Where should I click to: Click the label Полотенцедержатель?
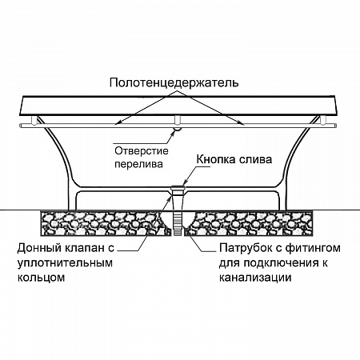(x=174, y=83)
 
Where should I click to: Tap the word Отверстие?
(x=142, y=151)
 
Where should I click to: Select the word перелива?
(x=138, y=164)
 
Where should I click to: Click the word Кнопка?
(x=216, y=159)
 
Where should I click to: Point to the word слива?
(x=255, y=160)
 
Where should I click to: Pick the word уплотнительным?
(x=65, y=263)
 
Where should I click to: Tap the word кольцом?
(x=41, y=278)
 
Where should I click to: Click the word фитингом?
(x=313, y=248)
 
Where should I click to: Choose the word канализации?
(x=255, y=278)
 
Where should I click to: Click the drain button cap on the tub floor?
(x=178, y=187)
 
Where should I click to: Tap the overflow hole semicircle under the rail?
(x=177, y=130)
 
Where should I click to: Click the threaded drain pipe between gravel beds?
(x=178, y=223)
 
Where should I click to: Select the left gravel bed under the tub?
(x=106, y=223)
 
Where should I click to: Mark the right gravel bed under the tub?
(x=249, y=223)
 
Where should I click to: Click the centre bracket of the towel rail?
(x=177, y=120)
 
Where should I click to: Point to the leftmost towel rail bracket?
(x=34, y=120)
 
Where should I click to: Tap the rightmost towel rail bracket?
(x=322, y=120)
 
